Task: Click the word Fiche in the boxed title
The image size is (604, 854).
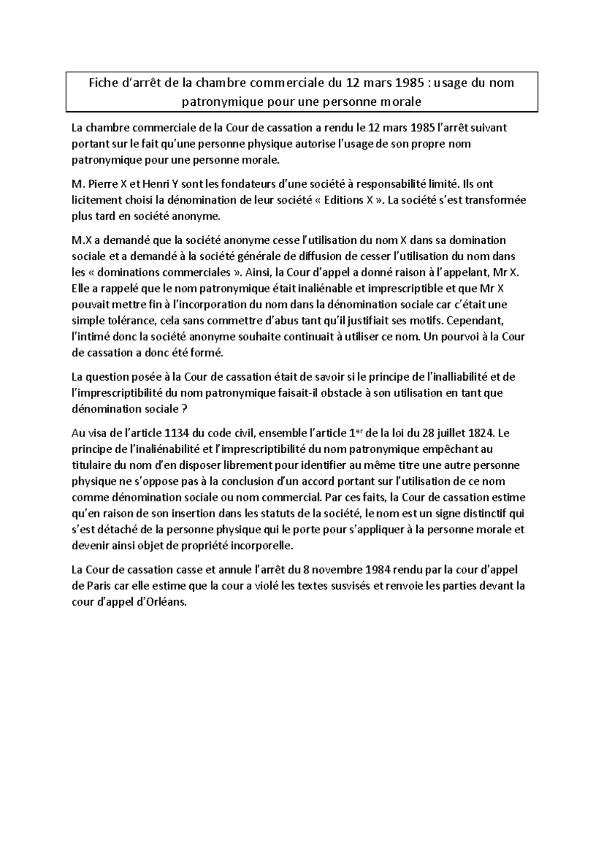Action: pos(103,83)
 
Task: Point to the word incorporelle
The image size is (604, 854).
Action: pos(260,546)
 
